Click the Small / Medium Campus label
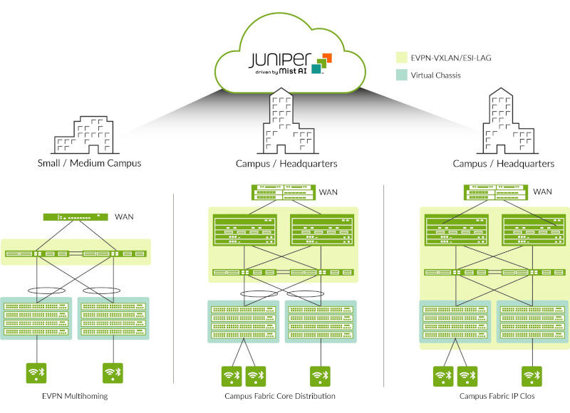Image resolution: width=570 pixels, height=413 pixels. pyautogui.click(x=89, y=163)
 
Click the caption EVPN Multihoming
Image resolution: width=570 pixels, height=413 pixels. pyautogui.click(x=75, y=396)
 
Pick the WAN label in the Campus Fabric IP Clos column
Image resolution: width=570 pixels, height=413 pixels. pyautogui.click(x=543, y=192)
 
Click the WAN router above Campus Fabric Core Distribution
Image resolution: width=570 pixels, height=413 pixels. pyautogui.click(x=283, y=192)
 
